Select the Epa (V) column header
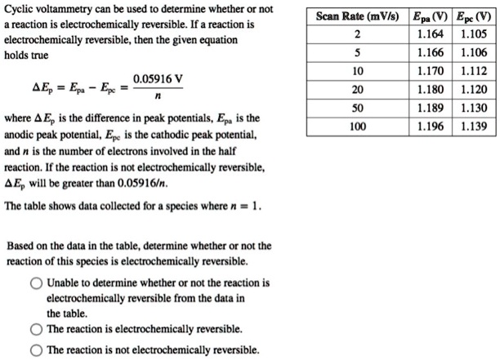431,16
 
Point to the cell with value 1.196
431,127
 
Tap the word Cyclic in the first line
20,11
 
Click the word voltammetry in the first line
69,11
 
